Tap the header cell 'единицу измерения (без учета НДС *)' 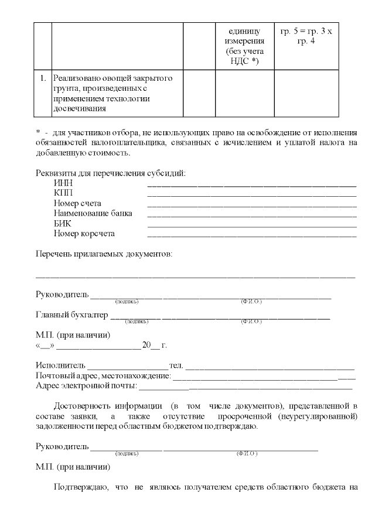(245, 45)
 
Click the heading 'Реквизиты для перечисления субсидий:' (111, 173)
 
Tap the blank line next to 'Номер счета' (252, 205)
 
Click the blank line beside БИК (252, 225)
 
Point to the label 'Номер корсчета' (84, 234)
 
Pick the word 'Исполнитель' (60, 366)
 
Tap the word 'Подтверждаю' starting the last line (80, 487)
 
